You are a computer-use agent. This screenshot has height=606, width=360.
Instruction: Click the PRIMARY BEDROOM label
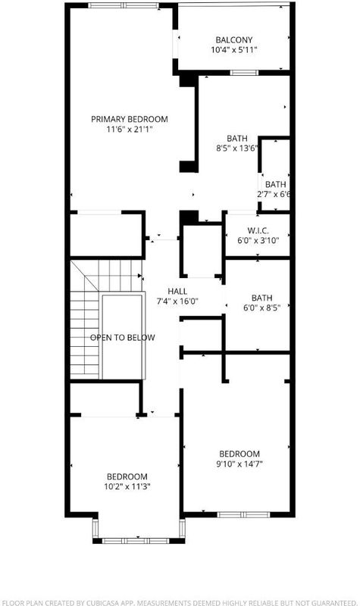130,119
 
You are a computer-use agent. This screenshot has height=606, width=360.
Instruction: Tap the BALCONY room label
234,40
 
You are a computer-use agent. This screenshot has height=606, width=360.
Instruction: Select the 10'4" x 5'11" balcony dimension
234,50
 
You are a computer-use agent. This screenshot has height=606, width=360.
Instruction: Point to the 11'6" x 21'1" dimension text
130,129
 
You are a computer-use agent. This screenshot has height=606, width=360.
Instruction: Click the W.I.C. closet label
258,231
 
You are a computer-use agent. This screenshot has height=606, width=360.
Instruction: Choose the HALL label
177,292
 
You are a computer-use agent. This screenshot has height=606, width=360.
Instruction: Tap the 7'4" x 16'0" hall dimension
177,301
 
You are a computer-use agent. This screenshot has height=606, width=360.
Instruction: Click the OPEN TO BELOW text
123,337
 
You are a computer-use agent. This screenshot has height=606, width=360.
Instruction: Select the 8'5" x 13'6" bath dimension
237,148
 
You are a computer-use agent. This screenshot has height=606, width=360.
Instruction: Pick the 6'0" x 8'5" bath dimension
261,308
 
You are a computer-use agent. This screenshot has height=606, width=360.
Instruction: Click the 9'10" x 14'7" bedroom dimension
239,464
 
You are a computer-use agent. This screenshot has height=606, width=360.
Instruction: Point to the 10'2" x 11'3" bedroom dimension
127,486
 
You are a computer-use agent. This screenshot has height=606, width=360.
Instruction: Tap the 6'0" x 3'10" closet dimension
258,240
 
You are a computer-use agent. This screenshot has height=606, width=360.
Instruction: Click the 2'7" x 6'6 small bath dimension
274,195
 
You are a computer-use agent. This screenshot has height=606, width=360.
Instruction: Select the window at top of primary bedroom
124,5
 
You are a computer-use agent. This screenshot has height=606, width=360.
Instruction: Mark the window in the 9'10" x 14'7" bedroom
243,514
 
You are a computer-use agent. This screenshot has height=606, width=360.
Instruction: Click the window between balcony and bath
243,73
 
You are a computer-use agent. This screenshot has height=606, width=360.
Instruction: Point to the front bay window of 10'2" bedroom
138,541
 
